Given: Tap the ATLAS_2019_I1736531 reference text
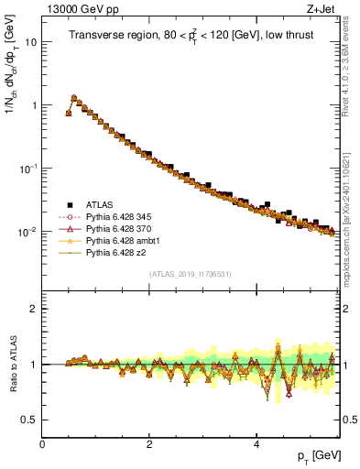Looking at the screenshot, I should [x=190, y=274].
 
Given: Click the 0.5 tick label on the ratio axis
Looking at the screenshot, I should [x=29, y=420].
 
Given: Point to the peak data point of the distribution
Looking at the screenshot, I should [x=74, y=98].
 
